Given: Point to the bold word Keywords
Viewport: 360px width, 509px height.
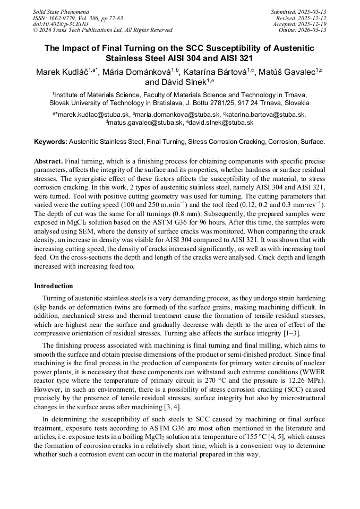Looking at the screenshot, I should point(50,142).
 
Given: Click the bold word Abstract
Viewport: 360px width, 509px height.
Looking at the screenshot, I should point(48,161).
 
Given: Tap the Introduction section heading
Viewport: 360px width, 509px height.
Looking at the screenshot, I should point(54,286).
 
